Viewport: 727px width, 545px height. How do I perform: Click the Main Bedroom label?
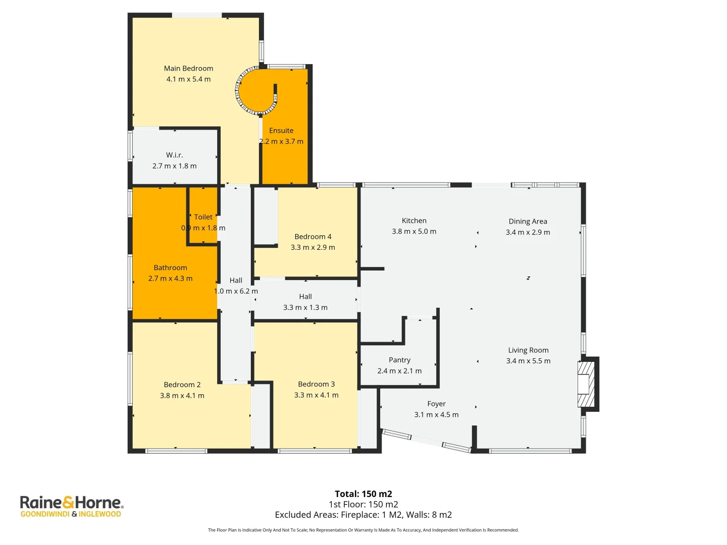(188, 68)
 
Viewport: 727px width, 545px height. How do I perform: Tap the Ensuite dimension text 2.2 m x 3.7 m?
(281, 141)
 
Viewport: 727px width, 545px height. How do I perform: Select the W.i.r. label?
(174, 155)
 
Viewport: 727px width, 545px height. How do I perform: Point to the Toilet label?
(203, 217)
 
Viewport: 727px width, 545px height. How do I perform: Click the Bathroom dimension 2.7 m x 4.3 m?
(170, 278)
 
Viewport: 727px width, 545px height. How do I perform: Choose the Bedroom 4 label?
(313, 236)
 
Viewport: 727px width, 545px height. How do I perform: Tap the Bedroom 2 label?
(182, 384)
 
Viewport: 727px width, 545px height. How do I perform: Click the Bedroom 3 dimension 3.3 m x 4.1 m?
(316, 395)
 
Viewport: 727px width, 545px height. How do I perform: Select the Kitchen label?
(413, 221)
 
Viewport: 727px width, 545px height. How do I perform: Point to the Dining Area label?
(528, 222)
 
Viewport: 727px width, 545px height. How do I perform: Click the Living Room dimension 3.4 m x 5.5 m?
(528, 361)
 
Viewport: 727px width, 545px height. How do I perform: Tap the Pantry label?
(399, 360)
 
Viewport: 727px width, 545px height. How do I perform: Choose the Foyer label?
(436, 404)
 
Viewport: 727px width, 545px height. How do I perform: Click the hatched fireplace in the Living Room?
(586, 384)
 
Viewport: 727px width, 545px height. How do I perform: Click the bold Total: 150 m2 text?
(363, 494)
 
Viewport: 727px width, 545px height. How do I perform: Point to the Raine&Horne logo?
(72, 506)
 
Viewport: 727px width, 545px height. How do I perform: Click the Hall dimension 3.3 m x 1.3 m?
(305, 307)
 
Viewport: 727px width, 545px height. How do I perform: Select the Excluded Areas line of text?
(363, 515)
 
